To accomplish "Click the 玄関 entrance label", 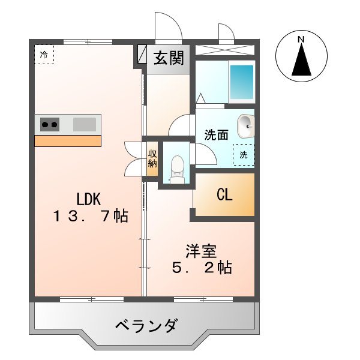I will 169,59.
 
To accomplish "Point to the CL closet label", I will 225,195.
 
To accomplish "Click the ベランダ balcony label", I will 146,326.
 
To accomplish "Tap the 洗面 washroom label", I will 216,135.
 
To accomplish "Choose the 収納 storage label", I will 152,158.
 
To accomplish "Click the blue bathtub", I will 242,82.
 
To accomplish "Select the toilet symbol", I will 176,166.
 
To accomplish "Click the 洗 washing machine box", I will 244,154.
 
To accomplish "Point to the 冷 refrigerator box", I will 44,55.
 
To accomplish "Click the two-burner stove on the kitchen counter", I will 50,125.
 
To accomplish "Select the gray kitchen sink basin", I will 84,125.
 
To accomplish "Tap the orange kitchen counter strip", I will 67,141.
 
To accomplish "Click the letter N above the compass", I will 301,40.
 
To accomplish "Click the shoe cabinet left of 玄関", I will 142,55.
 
